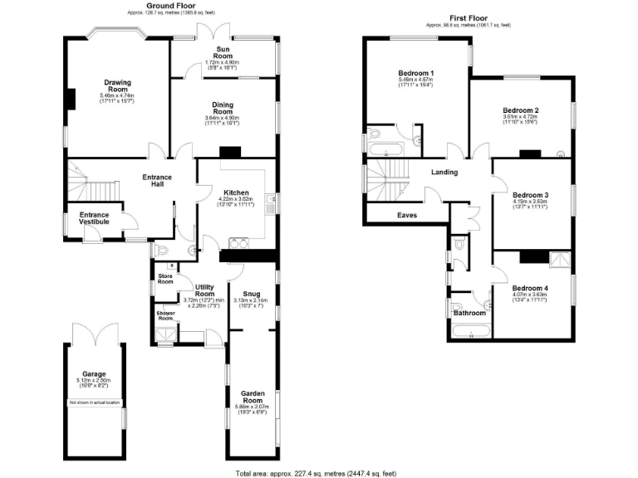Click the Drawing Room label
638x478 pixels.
tap(116, 86)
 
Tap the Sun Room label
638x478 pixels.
tap(222, 53)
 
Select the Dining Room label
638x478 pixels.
tap(222, 108)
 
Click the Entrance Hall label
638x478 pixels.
tap(157, 180)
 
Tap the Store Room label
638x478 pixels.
tap(165, 278)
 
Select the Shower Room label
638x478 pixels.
tap(165, 316)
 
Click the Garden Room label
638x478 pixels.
tap(252, 396)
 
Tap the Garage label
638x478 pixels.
tap(94, 373)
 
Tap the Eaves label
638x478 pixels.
tap(407, 216)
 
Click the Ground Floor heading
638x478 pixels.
tap(171, 6)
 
